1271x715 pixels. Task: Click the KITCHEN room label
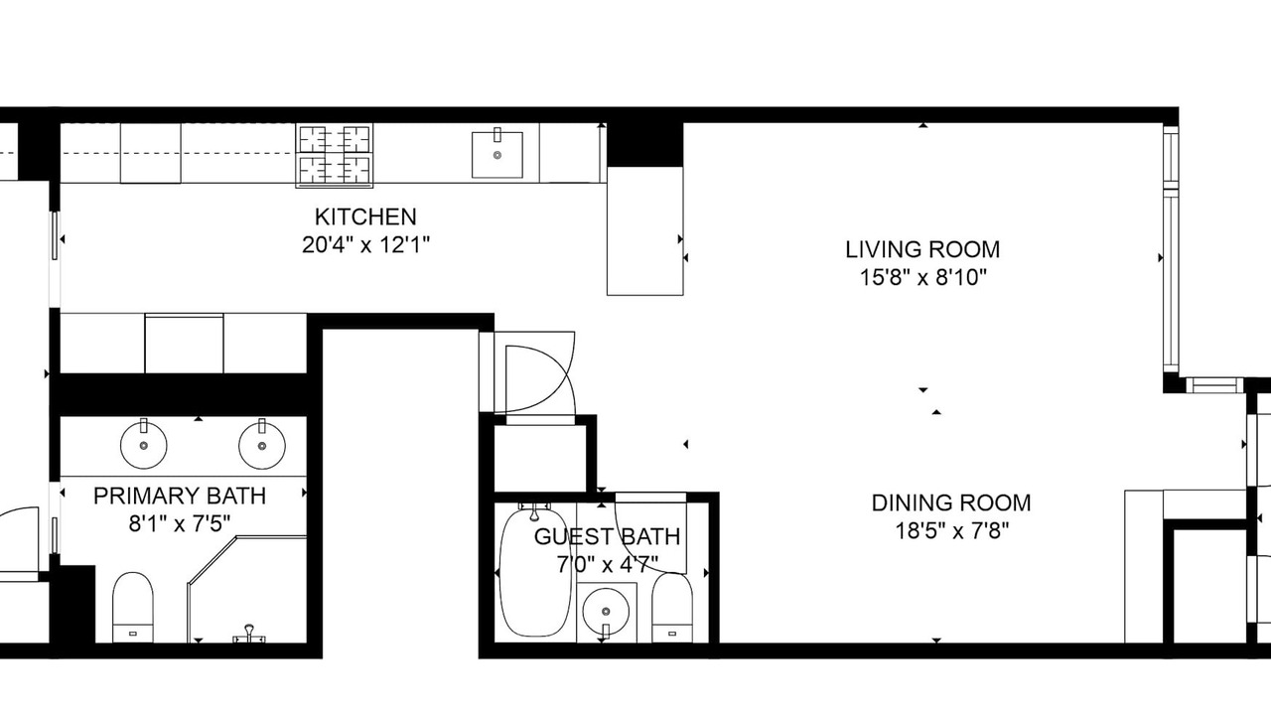click(365, 216)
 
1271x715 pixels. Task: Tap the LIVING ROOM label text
click(922, 249)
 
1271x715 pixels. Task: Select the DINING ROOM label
click(951, 502)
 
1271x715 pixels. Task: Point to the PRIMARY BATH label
click(180, 496)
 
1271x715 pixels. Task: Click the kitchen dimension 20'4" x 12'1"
click(365, 245)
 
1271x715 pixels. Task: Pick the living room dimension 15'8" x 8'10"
click(923, 278)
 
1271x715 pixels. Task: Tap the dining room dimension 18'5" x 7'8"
click(951, 531)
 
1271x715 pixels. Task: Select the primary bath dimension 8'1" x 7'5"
click(180, 523)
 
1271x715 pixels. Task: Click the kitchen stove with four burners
click(335, 155)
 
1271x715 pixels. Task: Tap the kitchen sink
click(497, 153)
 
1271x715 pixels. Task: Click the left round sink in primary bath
click(144, 445)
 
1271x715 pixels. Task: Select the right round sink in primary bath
click(261, 445)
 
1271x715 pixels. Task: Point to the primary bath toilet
click(133, 607)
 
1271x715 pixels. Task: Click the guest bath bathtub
click(534, 572)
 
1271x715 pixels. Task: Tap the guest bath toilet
click(672, 608)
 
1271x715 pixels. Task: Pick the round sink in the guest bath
click(606, 613)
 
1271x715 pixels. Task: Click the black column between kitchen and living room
click(645, 145)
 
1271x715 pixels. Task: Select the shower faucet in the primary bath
click(248, 634)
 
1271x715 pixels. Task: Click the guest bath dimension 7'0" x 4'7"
click(607, 565)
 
